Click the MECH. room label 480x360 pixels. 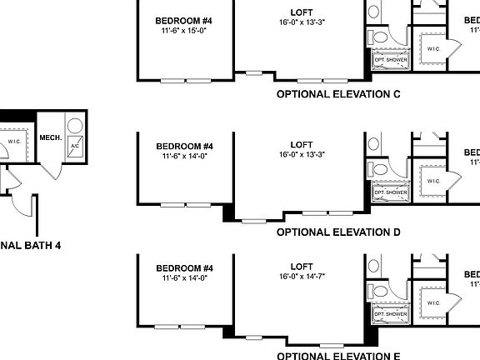[x=50, y=137]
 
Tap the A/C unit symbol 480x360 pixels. [x=74, y=146]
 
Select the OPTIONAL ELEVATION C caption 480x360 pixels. [x=338, y=95]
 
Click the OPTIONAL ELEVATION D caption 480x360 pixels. [x=338, y=232]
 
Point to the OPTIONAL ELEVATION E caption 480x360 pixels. [x=338, y=355]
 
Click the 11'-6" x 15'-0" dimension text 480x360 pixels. [x=185, y=31]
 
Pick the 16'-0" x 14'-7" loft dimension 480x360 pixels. [x=302, y=275]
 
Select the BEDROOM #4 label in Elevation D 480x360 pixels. [x=185, y=146]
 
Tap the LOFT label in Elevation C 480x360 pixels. [x=302, y=12]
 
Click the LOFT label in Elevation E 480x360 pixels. [x=302, y=265]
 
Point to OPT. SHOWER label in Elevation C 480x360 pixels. [x=389, y=60]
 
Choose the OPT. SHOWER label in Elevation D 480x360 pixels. [x=389, y=192]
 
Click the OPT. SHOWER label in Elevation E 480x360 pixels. [x=389, y=314]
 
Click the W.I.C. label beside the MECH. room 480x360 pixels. [x=14, y=141]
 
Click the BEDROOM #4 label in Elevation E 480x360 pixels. [x=185, y=267]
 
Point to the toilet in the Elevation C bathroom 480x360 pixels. [x=380, y=37]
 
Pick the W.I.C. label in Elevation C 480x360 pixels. [x=433, y=48]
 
